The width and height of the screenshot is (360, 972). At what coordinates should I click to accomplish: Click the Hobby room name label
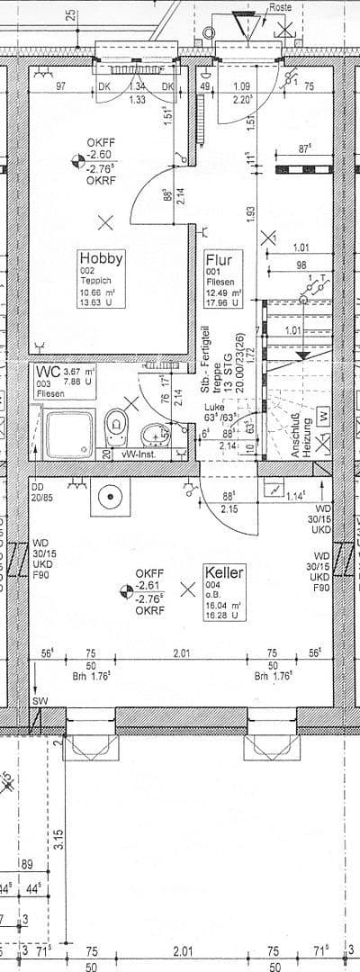100,258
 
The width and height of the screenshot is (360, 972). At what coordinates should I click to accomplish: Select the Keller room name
225,571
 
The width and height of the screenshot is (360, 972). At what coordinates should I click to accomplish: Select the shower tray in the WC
68,434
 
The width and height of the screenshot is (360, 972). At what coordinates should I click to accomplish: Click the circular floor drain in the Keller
111,496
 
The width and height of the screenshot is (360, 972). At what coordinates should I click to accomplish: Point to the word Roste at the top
283,6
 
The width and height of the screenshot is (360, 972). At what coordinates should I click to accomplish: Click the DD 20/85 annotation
41,489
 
